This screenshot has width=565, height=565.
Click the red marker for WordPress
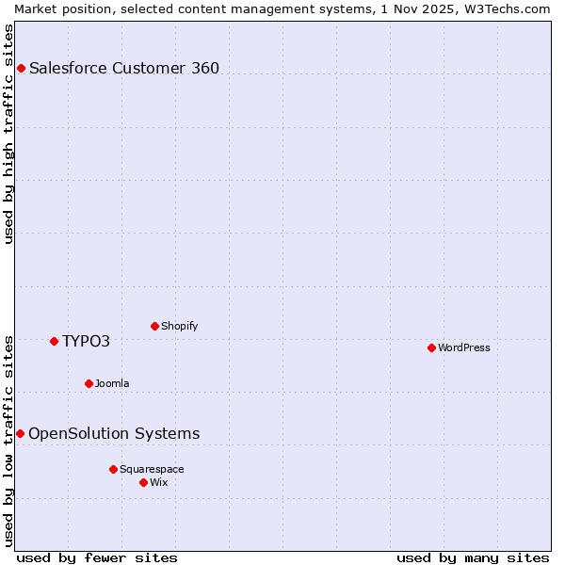[431, 347]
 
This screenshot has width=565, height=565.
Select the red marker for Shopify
[154, 326]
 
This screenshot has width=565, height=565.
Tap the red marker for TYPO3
[54, 341]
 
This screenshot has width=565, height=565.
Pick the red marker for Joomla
[89, 383]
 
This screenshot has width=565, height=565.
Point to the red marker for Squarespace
[113, 469]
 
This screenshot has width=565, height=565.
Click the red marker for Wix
[143, 482]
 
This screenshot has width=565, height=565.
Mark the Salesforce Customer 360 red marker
[21, 68]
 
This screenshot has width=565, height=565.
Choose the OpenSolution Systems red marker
[20, 433]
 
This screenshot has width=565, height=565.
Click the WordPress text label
[464, 347]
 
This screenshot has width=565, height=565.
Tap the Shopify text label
[179, 326]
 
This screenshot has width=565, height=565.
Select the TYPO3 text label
[87, 341]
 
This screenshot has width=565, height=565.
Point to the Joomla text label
[112, 383]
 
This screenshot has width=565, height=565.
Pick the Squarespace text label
[152, 469]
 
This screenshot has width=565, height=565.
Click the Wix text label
[159, 482]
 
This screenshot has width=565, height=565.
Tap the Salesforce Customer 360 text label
[124, 68]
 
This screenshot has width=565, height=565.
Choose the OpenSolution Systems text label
[114, 433]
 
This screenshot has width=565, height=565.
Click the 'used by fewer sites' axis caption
[97, 557]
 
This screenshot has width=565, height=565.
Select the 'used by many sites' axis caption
[473, 557]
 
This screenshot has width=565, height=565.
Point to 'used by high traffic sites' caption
[9, 134]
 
